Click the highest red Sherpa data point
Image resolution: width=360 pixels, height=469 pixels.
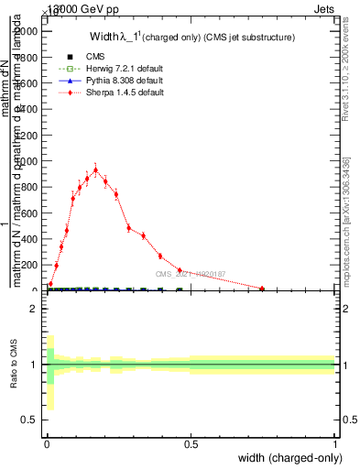[95, 169]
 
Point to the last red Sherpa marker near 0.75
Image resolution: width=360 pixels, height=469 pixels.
[262, 289]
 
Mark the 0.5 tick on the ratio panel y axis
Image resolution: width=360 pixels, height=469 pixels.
[30, 420]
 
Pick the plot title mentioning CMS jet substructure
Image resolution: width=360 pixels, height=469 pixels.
[191, 38]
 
